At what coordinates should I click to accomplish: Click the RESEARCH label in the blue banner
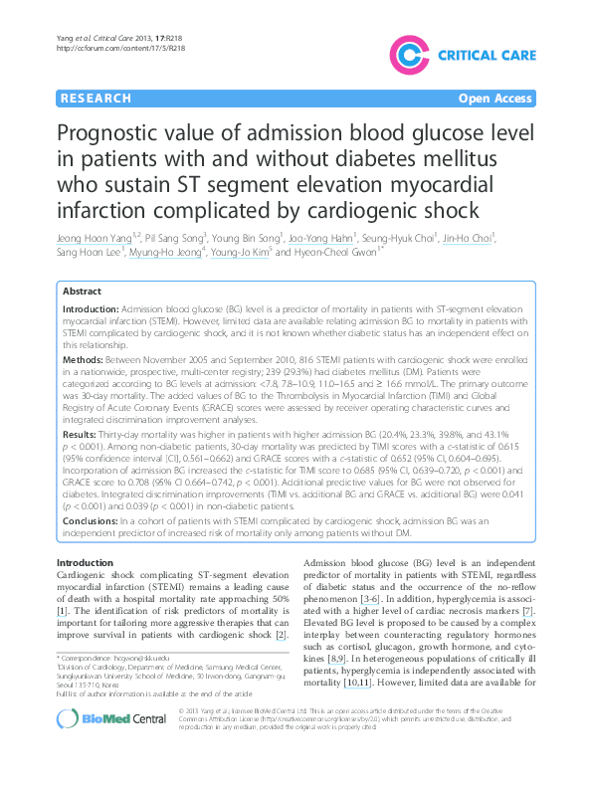coord(96,99)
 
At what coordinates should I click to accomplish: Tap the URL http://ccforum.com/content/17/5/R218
coord(108,48)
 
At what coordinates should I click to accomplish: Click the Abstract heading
coord(82,292)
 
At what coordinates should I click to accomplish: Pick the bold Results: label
coord(81,435)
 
